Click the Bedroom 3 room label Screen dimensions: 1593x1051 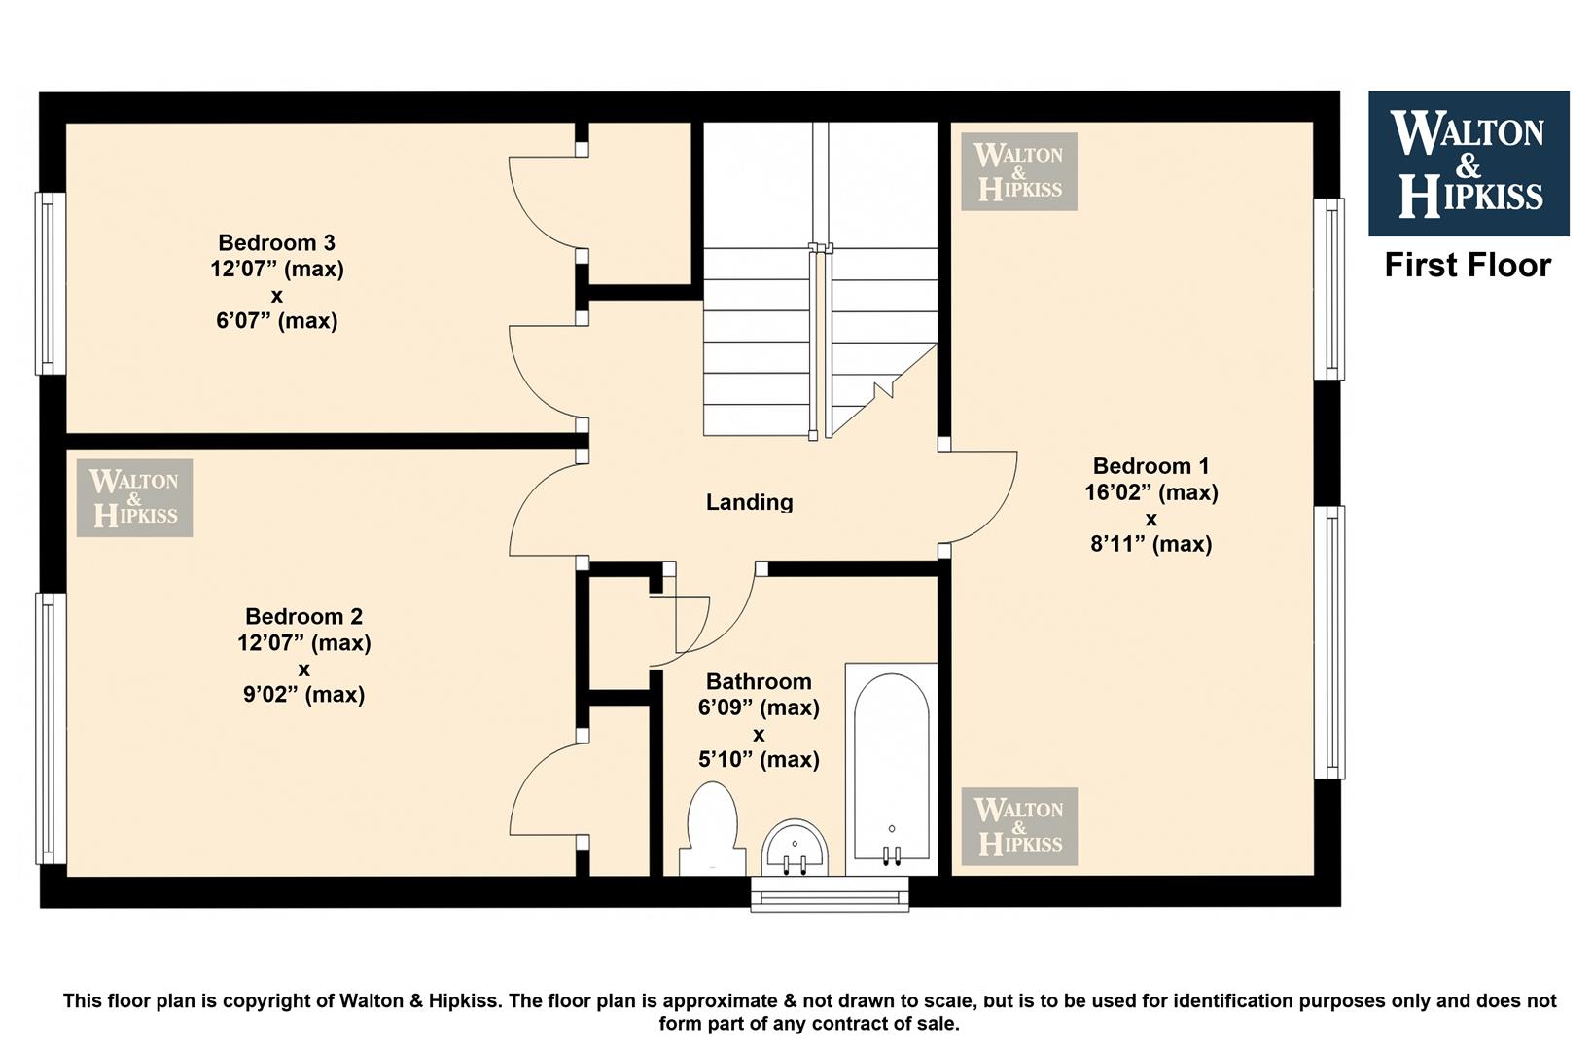(x=276, y=242)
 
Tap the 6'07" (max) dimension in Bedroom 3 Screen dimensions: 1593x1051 (x=276, y=321)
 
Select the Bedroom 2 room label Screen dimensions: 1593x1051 (x=303, y=616)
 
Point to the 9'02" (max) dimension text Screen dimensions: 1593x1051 (x=303, y=694)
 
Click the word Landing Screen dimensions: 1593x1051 (x=749, y=502)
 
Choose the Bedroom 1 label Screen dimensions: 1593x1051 (x=1150, y=466)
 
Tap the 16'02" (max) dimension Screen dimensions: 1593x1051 (x=1150, y=492)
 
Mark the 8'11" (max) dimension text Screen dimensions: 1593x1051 (x=1150, y=544)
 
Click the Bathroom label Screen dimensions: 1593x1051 (x=759, y=682)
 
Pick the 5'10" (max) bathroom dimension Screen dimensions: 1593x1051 (x=759, y=760)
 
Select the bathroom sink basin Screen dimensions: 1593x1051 (x=796, y=848)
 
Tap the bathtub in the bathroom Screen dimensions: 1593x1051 (x=891, y=769)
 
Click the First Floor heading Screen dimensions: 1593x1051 (x=1468, y=266)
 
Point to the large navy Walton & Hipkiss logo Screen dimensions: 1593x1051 (x=1469, y=163)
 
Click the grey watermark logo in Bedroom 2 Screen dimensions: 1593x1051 (x=134, y=497)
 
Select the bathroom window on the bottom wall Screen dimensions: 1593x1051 (x=830, y=894)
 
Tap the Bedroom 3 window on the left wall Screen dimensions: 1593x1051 (x=51, y=283)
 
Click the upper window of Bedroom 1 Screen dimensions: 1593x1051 (x=1329, y=289)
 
